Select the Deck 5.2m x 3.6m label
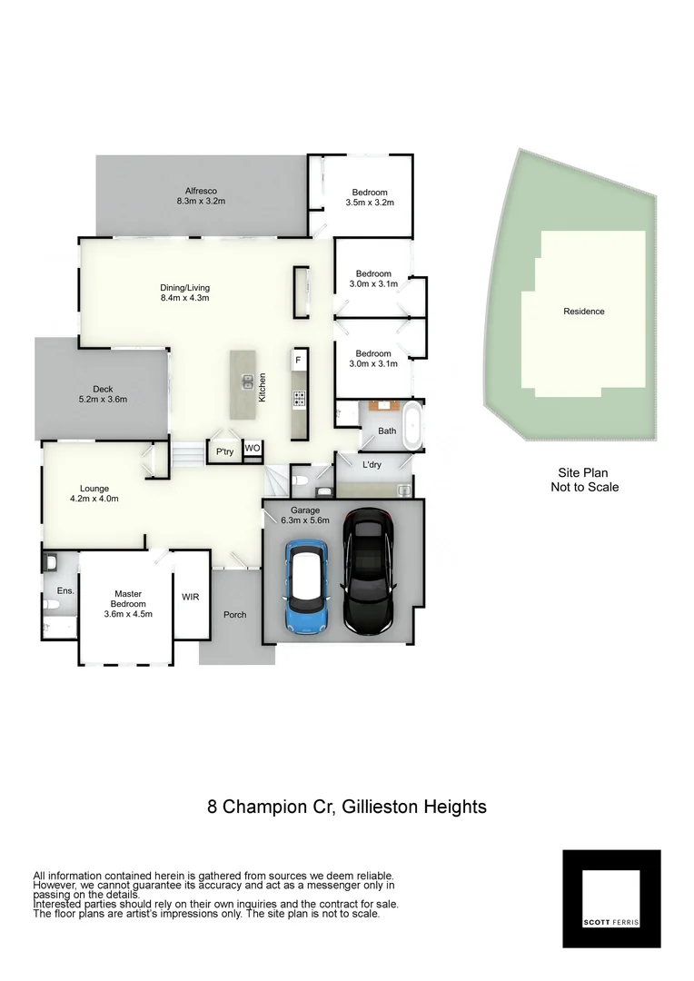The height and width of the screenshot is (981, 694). (x=103, y=394)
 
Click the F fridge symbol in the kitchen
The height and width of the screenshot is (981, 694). (x=297, y=361)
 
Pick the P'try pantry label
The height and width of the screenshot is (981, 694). (x=224, y=451)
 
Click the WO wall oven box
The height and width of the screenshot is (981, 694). (x=253, y=448)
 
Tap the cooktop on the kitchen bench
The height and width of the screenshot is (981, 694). (x=298, y=398)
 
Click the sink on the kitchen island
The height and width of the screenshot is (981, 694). (x=245, y=382)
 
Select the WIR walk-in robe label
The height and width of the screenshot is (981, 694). (x=191, y=597)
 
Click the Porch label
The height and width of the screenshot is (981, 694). (x=235, y=615)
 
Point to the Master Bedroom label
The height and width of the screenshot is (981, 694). (x=127, y=604)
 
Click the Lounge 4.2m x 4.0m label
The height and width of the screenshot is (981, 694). (x=94, y=493)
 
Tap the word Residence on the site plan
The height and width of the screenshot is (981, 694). (x=583, y=312)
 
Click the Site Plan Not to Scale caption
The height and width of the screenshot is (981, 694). (x=584, y=481)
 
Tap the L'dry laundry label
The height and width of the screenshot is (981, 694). (x=372, y=465)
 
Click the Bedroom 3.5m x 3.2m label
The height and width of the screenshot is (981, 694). (x=370, y=197)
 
